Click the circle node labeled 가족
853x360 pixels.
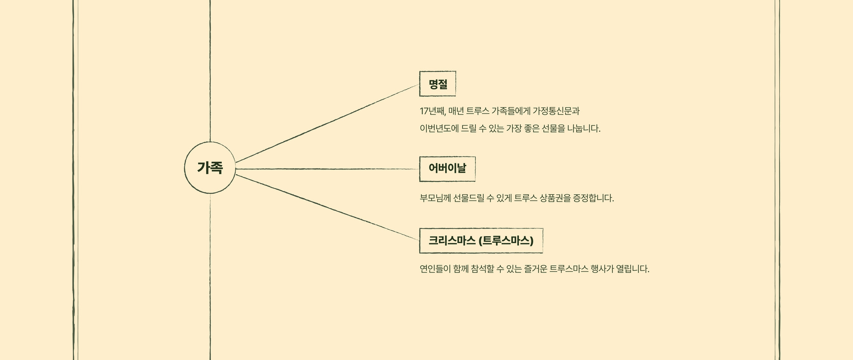[210, 168]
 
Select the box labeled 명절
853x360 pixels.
[438, 84]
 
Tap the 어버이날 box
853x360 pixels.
[447, 169]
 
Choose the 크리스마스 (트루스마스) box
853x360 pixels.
[481, 240]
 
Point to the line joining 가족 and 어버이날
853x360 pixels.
[327, 169]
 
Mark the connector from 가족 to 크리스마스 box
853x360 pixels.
[327, 208]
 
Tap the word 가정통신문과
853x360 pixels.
[556, 111]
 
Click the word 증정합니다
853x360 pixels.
[594, 198]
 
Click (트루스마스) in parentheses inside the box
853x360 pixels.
[506, 240]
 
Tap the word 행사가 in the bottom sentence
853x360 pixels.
[602, 269]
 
